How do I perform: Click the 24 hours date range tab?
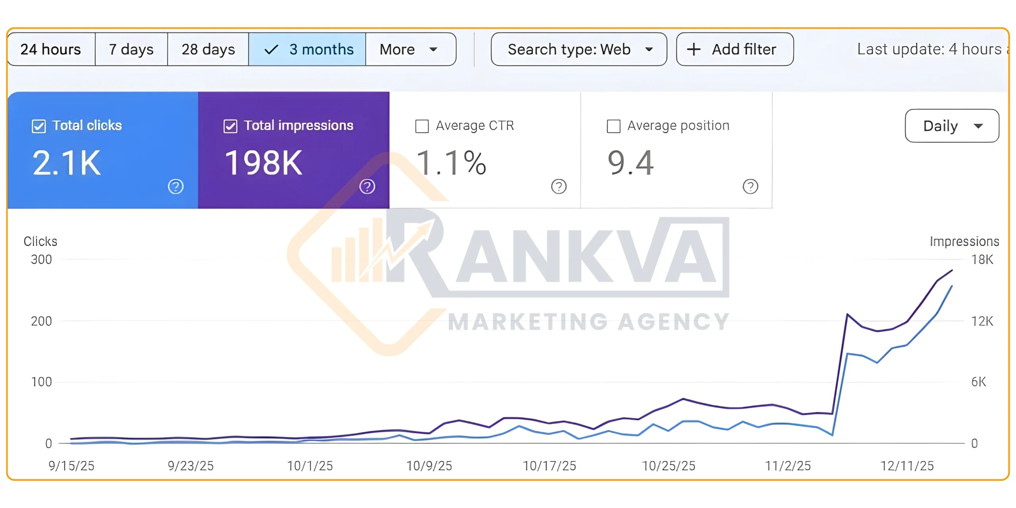(51, 50)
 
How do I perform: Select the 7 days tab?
(131, 50)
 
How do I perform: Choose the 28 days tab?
(208, 50)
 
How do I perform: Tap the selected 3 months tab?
(307, 50)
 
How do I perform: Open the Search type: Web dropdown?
(578, 50)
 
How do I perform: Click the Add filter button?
(735, 50)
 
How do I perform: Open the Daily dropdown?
(951, 126)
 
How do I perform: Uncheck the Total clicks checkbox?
(39, 126)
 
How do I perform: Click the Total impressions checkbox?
(231, 126)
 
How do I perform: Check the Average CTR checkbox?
(422, 126)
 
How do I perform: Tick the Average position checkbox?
(614, 126)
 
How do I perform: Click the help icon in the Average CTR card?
(559, 186)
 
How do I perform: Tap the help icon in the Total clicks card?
(175, 186)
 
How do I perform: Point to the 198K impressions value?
(264, 163)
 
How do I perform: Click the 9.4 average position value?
(630, 163)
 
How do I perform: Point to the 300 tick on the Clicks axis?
(41, 260)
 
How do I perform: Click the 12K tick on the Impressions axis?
(982, 321)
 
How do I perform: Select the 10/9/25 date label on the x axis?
(429, 466)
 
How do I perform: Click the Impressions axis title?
(964, 241)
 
